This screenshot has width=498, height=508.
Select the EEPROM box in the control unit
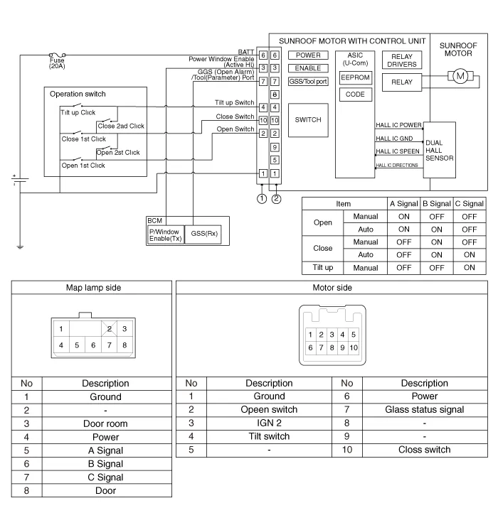355,77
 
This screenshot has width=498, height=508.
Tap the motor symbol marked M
459,75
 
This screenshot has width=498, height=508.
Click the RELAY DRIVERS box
402,60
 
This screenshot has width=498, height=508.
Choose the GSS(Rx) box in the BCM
207,233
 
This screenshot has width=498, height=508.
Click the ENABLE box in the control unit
308,68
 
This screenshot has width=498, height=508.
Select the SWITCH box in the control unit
308,120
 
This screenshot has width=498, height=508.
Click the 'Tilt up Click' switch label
78,112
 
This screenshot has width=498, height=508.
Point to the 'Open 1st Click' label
83,166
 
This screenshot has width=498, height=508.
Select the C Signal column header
469,204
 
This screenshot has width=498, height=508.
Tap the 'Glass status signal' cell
424,409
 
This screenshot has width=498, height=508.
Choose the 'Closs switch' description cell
424,450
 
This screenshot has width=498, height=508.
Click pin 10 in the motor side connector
353,347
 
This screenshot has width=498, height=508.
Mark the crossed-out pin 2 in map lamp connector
108,328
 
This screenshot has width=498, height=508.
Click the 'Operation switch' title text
78,94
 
